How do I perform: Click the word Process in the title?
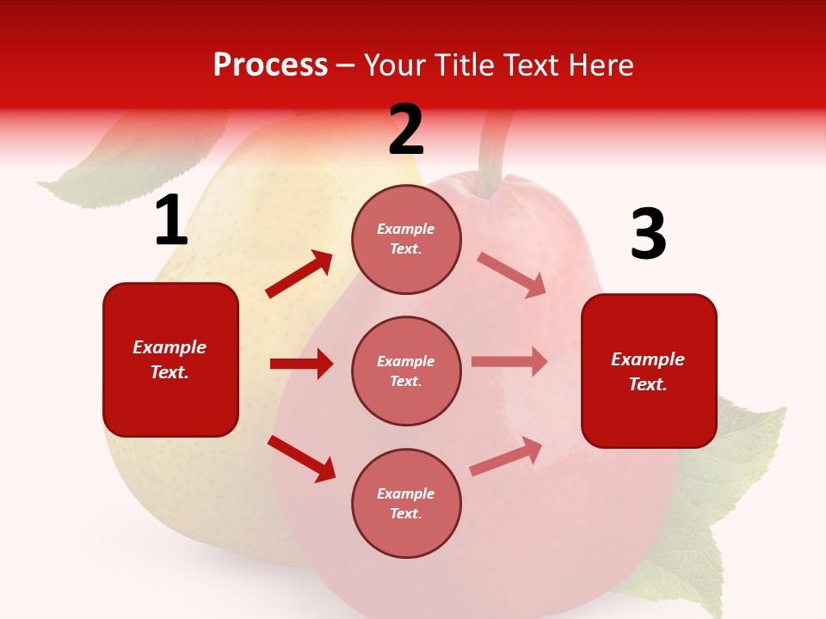click(x=270, y=65)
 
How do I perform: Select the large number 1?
click(x=170, y=221)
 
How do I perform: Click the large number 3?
click(x=648, y=235)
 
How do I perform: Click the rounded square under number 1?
click(x=170, y=359)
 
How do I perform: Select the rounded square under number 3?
click(x=649, y=371)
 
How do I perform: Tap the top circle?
click(x=406, y=239)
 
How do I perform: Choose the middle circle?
click(x=406, y=371)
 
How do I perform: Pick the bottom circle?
click(x=406, y=503)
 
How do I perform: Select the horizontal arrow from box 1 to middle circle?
click(x=301, y=364)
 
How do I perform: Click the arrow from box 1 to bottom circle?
click(x=302, y=458)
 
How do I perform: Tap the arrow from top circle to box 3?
click(x=512, y=274)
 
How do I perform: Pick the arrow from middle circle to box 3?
click(x=509, y=362)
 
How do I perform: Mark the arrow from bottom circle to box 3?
click(x=506, y=456)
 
